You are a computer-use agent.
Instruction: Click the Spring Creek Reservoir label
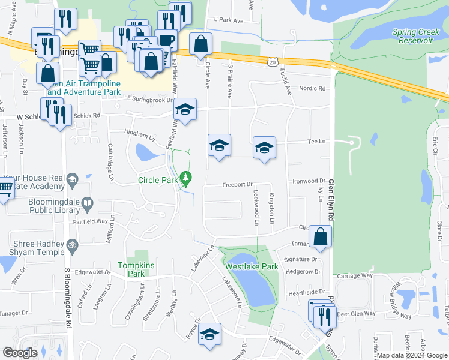pos(412,35)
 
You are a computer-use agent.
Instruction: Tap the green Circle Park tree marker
pos(187,178)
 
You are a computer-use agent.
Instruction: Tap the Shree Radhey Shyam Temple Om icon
pos(72,245)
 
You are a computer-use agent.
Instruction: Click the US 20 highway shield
pos(273,62)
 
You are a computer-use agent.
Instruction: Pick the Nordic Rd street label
pos(313,88)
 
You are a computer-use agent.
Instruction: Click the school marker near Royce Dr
pos(209,335)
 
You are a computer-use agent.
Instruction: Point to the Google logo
pos(20,353)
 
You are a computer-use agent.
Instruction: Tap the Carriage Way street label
pos(355,276)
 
